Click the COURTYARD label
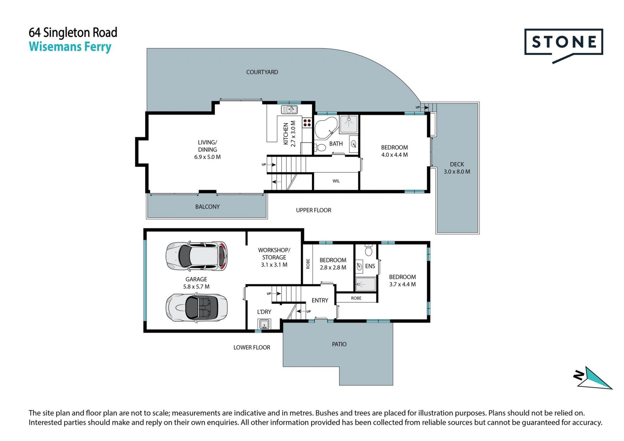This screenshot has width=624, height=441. [x=262, y=72]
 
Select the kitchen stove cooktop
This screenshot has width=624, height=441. [x=307, y=123]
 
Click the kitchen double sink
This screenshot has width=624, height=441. [x=289, y=110]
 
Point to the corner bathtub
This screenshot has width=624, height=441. [x=326, y=128]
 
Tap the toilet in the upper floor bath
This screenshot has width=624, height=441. [x=320, y=148]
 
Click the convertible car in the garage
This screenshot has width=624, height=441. [x=197, y=307]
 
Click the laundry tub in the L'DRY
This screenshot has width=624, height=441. [x=264, y=324]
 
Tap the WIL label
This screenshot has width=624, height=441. [x=336, y=181]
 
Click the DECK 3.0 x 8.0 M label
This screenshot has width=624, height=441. [x=457, y=168]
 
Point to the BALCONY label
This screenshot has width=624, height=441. [x=207, y=207]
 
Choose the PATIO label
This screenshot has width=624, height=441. [x=339, y=344]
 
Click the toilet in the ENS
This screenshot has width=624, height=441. [x=369, y=250]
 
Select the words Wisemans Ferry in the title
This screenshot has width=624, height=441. [x=70, y=47]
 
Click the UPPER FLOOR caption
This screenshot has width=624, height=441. [x=314, y=210]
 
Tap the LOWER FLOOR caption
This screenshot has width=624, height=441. [x=252, y=347]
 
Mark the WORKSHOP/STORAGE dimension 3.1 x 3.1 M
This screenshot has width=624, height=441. [x=274, y=265]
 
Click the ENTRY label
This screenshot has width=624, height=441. [x=320, y=301]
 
